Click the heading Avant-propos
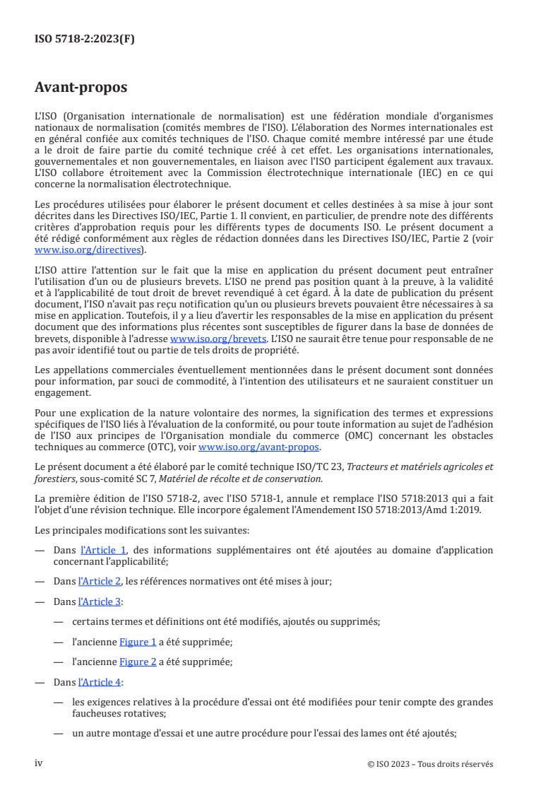(x=81, y=88)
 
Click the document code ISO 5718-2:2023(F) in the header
(x=85, y=39)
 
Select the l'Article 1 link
(x=97, y=549)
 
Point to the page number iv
(x=39, y=763)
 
